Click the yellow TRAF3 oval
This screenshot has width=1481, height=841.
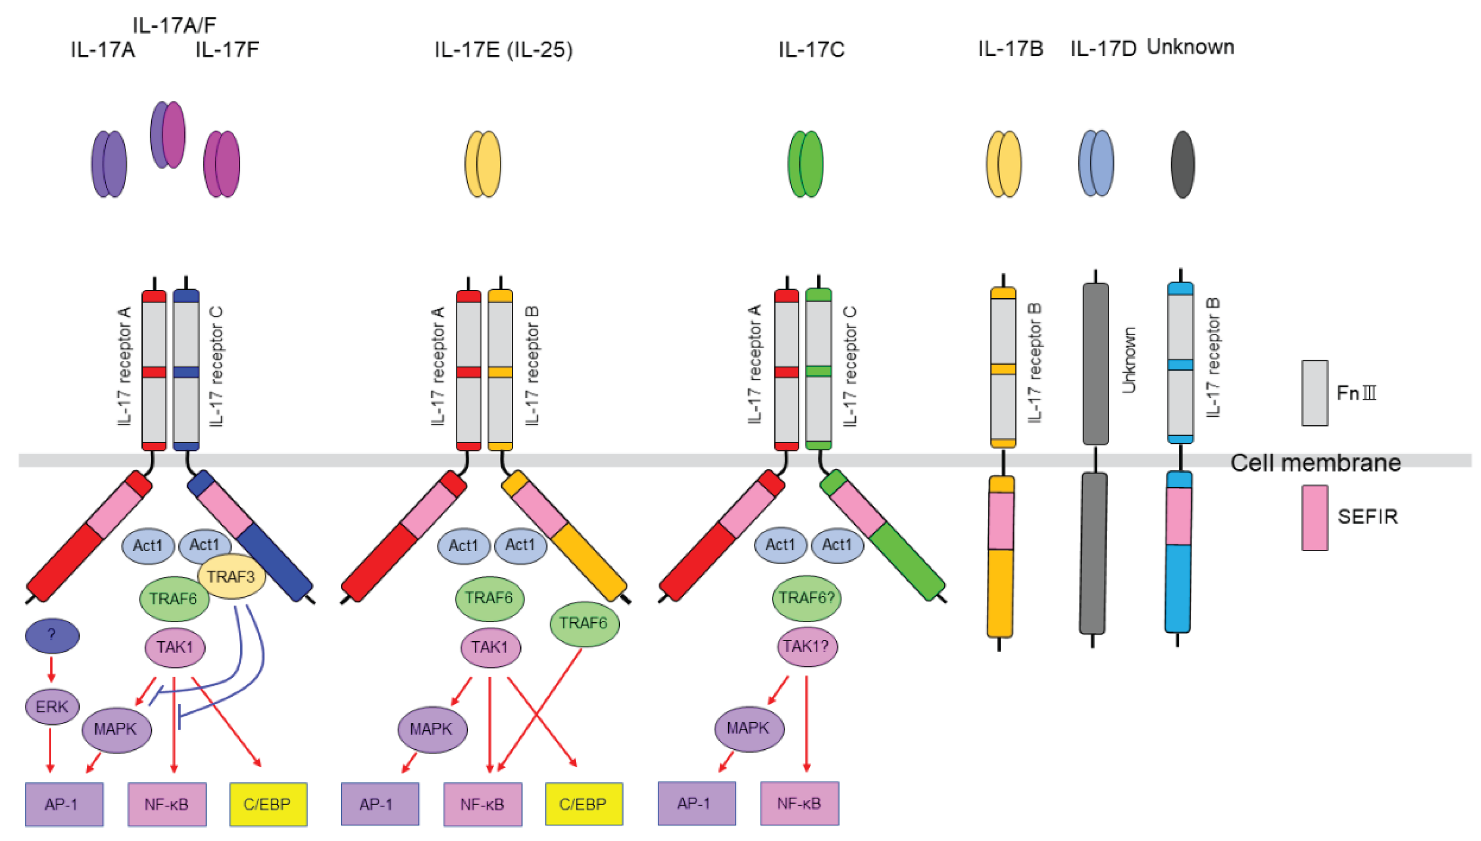coord(231,576)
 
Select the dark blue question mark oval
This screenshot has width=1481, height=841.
coord(52,636)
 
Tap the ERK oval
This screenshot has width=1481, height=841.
coord(52,706)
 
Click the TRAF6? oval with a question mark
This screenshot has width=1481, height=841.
coord(807,598)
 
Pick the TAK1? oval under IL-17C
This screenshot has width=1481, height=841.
coord(807,646)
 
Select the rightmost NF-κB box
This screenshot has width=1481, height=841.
coord(800,803)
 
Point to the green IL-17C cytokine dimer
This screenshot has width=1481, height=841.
coord(805,164)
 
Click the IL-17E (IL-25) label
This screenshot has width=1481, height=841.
coord(504,50)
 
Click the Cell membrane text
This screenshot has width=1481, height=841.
coord(1315,463)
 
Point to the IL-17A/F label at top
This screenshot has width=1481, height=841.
coord(174,25)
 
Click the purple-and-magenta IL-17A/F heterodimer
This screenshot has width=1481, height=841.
coord(168,135)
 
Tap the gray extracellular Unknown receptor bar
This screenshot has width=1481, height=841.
coord(1095,364)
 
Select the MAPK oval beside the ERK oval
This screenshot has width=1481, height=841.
coord(117,729)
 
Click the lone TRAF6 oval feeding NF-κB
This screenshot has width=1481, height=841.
coord(584,623)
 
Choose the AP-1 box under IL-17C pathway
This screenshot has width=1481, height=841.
coord(697,803)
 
